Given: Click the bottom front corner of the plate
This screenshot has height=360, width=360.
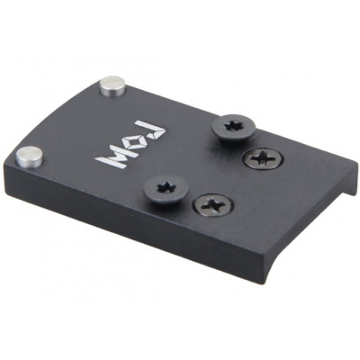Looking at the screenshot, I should (264, 281).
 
